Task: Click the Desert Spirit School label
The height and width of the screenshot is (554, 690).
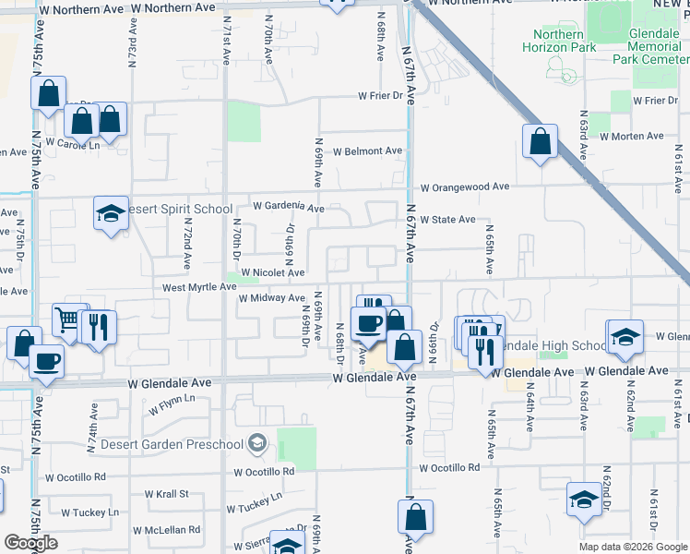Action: (x=177, y=209)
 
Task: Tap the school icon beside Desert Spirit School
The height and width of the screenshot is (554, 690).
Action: (x=111, y=214)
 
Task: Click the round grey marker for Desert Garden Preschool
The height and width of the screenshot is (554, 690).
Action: (x=257, y=444)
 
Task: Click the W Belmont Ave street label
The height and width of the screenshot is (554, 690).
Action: (x=367, y=151)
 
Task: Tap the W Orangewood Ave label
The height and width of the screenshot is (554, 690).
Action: (x=465, y=187)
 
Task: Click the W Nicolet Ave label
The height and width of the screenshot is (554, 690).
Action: (x=272, y=272)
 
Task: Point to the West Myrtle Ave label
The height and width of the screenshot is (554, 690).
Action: (x=199, y=287)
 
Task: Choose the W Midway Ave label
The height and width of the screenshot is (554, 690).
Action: (x=271, y=298)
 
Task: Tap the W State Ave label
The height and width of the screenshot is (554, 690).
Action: (x=447, y=220)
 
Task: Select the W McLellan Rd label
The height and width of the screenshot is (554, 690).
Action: (x=166, y=530)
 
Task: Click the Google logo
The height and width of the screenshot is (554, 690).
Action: (x=30, y=543)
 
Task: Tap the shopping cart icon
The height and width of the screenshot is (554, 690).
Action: (x=68, y=319)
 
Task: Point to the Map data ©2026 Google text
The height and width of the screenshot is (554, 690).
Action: (x=632, y=547)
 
